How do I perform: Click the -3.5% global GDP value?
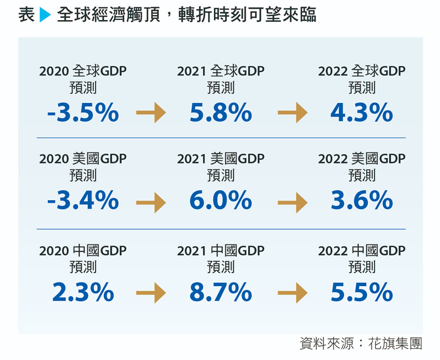click(83, 113)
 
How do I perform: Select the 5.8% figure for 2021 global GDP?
click(221, 113)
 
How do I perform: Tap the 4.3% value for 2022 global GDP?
click(362, 113)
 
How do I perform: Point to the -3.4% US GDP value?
click(83, 201)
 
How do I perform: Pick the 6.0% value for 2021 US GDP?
click(221, 201)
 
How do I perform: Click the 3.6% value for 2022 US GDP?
click(362, 201)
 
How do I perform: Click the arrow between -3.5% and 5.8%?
click(151, 114)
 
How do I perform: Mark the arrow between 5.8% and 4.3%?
click(292, 114)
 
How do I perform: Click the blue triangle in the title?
click(45, 16)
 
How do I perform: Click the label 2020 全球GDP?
click(83, 71)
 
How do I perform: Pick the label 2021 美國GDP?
click(221, 158)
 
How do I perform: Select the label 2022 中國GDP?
click(362, 251)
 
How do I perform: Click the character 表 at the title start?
click(26, 15)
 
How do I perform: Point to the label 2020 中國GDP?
click(83, 251)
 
